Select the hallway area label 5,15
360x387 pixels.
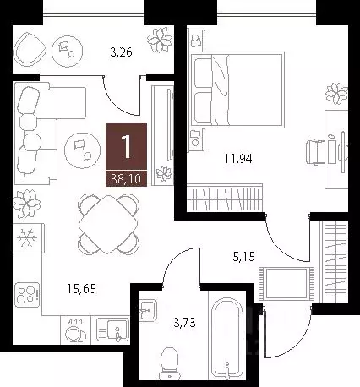(x=243, y=251)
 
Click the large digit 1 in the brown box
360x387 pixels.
(x=127, y=146)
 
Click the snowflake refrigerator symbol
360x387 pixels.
(x=26, y=239)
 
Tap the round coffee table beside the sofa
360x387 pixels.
(x=83, y=149)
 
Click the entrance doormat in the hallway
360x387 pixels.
(x=287, y=279)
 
